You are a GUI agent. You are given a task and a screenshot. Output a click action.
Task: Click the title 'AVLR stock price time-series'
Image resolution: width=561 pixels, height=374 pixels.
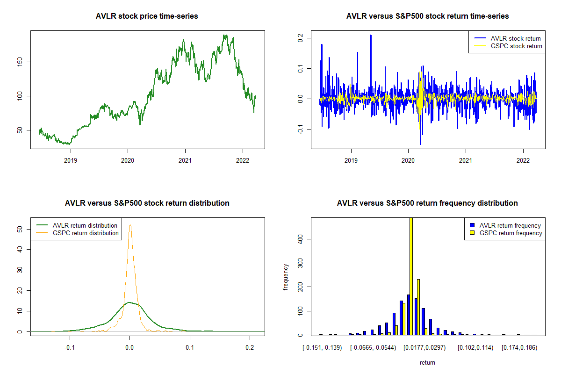tap(147, 16)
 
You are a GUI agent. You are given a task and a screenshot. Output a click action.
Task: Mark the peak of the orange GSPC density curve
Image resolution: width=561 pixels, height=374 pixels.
tap(130, 225)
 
